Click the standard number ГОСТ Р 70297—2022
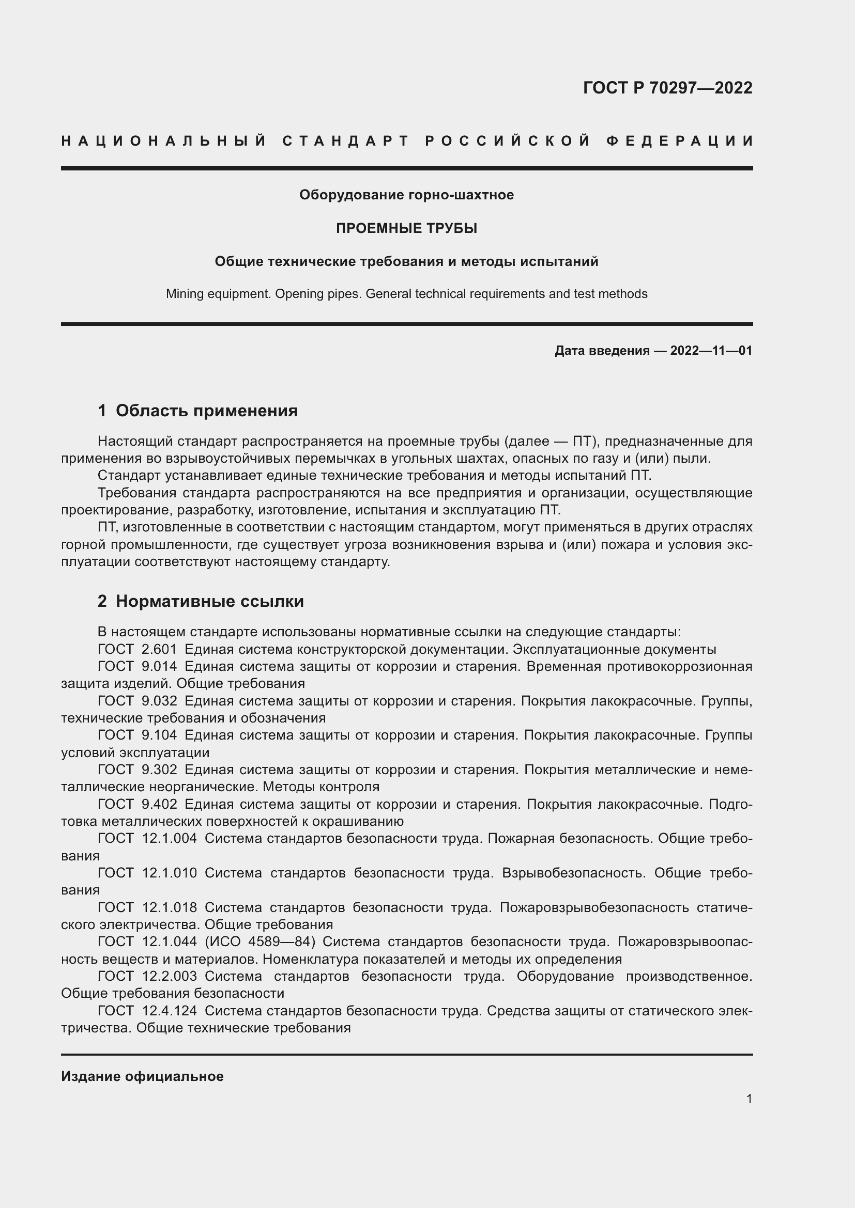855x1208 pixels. point(667,88)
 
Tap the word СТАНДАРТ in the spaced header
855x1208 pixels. point(346,141)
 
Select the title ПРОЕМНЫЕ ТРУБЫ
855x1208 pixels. point(406,228)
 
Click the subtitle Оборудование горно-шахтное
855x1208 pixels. point(406,195)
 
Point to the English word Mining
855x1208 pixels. point(184,293)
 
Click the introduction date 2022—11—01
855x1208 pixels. point(711,350)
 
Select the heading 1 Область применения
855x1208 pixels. point(197,411)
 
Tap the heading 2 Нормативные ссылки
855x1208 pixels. point(201,601)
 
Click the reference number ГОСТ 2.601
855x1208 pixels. point(138,649)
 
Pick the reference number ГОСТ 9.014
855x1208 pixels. point(138,666)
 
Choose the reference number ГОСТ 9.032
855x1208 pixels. point(138,701)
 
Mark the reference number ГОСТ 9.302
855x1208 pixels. point(138,770)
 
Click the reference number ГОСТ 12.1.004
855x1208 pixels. point(147,838)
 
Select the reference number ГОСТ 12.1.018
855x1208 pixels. point(147,907)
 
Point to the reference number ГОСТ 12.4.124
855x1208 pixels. point(147,1010)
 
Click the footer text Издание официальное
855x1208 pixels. point(142,1076)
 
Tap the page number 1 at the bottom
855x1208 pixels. point(749,1099)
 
